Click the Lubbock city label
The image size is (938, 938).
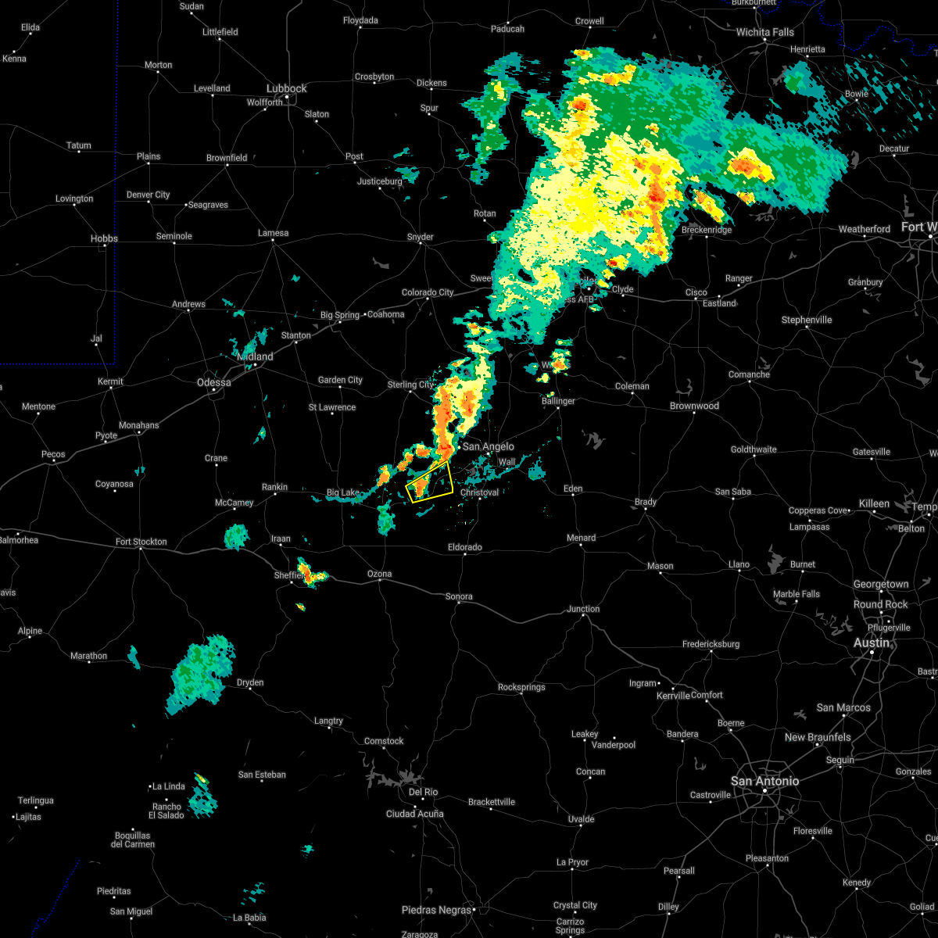click(x=287, y=88)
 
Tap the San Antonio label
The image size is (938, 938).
click(x=764, y=781)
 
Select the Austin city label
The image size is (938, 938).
click(x=872, y=643)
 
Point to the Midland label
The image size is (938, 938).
click(x=256, y=356)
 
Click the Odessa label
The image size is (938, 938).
click(x=213, y=382)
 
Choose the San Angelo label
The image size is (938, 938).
click(x=489, y=446)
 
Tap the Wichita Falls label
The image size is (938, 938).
click(x=764, y=32)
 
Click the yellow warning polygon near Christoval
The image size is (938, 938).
click(x=430, y=482)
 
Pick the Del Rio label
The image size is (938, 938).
click(x=424, y=792)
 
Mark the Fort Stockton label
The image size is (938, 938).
click(x=141, y=542)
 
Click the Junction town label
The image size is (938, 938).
click(x=583, y=609)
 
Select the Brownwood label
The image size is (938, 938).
click(x=694, y=406)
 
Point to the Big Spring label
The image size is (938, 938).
click(x=340, y=316)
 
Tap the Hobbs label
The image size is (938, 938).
click(x=104, y=238)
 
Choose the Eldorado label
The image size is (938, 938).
click(x=464, y=547)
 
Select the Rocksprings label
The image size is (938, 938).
click(x=521, y=688)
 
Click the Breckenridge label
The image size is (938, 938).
click(x=707, y=230)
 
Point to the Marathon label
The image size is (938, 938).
click(x=88, y=656)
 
